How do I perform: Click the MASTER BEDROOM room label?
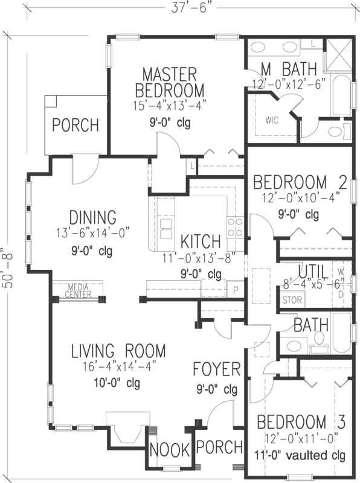pyautogui.click(x=169, y=83)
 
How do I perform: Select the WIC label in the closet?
pyautogui.click(x=271, y=120)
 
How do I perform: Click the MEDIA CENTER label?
pyautogui.click(x=79, y=291)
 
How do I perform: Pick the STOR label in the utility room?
pyautogui.click(x=292, y=299)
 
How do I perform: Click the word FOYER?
pyautogui.click(x=217, y=369)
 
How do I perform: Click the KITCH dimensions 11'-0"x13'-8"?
pyautogui.click(x=200, y=258)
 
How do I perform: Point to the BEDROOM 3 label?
pyautogui.click(x=300, y=421)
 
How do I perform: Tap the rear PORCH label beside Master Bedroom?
pyautogui.click(x=75, y=126)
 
